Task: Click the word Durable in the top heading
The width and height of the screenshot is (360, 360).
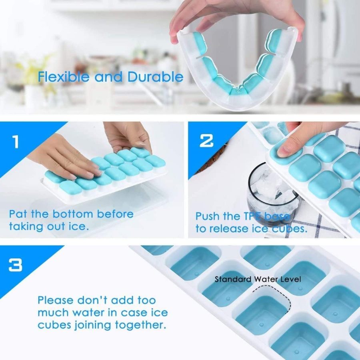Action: tap(155, 77)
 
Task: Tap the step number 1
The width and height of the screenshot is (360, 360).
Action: tap(15, 142)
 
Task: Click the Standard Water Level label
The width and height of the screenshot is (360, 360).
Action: tap(258, 279)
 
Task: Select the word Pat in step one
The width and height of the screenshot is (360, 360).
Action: tap(18, 214)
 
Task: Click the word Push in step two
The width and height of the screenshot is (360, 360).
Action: tap(208, 216)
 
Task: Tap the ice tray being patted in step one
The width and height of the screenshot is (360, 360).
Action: tap(108, 176)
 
